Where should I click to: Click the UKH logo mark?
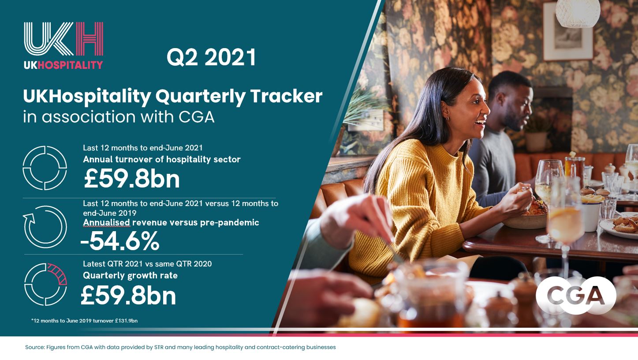pyautogui.click(x=63, y=38)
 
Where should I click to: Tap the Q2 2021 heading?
pyautogui.click(x=211, y=57)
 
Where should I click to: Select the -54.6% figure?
pyautogui.click(x=120, y=241)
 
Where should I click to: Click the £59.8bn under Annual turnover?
pyautogui.click(x=131, y=179)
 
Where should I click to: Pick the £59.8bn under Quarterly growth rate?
pyautogui.click(x=128, y=296)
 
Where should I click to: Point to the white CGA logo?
pyautogui.click(x=576, y=295)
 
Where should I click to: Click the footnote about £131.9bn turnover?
pyautogui.click(x=84, y=321)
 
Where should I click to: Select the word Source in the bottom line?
pyautogui.click(x=35, y=347)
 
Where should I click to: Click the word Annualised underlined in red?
pyautogui.click(x=107, y=222)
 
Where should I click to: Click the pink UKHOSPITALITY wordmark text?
pyautogui.click(x=70, y=65)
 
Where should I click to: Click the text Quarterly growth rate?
pyautogui.click(x=130, y=275)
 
